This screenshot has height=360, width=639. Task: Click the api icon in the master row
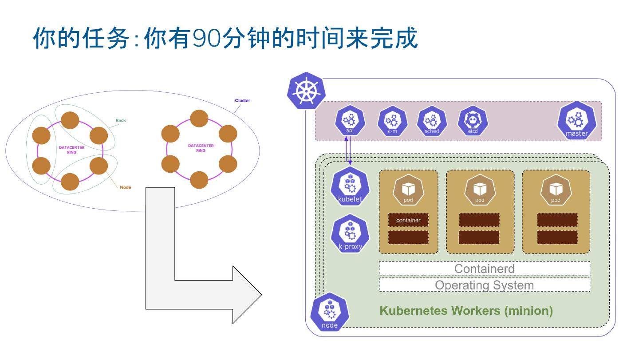(349, 121)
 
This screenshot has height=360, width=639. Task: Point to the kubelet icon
(350, 187)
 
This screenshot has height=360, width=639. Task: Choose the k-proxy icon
(350, 234)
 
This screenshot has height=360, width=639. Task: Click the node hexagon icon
(329, 312)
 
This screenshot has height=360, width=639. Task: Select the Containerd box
(484, 269)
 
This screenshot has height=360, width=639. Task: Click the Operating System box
(484, 285)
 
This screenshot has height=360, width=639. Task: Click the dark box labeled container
(408, 220)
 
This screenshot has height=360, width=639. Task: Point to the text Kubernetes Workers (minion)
(466, 310)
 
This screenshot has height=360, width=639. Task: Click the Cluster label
(242, 101)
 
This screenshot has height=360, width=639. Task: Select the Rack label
(120, 120)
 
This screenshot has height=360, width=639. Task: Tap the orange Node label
(125, 187)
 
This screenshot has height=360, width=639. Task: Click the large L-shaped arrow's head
(247, 295)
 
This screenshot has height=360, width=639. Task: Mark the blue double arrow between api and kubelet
(349, 151)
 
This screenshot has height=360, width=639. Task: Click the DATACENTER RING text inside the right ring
(201, 148)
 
